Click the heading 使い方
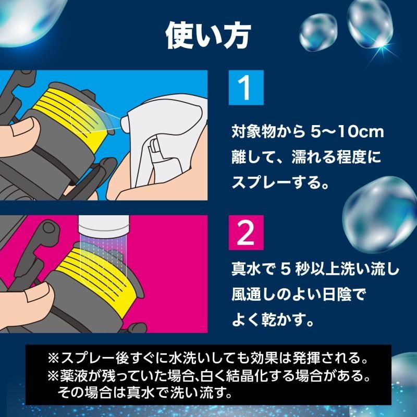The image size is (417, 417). [208, 35]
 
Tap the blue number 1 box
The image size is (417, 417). [246, 88]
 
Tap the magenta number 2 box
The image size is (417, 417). [246, 232]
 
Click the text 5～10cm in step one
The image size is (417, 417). [347, 132]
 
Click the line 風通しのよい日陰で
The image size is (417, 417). [298, 295]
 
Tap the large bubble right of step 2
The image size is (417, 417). [379, 214]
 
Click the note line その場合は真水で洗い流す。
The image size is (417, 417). [145, 393]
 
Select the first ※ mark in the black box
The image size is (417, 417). [53, 359]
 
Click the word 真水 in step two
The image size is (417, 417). [244, 269]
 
